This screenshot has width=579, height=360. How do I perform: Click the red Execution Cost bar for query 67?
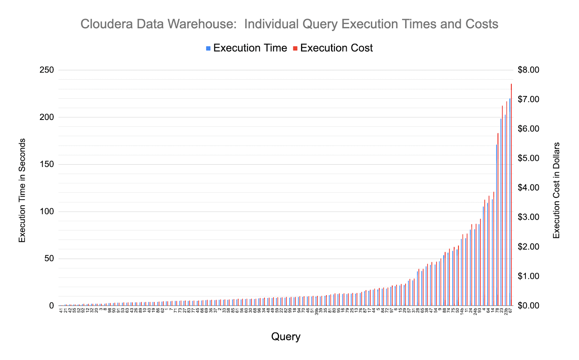click(x=511, y=196)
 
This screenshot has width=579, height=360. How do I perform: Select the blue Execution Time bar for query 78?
click(x=496, y=225)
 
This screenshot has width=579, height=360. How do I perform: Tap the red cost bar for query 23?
click(x=502, y=206)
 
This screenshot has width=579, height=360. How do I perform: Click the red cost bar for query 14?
click(x=494, y=250)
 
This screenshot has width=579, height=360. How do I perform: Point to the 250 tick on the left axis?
click(x=46, y=70)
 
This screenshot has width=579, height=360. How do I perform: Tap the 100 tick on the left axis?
click(x=46, y=212)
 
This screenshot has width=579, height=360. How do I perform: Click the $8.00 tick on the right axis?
click(x=528, y=70)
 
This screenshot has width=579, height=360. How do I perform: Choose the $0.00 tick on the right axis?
click(x=528, y=306)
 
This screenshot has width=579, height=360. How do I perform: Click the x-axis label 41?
click(x=61, y=310)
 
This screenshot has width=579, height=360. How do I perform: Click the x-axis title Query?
click(x=286, y=337)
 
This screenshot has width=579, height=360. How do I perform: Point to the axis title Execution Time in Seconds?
click(x=22, y=190)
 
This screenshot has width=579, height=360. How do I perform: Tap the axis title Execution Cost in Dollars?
click(x=557, y=190)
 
